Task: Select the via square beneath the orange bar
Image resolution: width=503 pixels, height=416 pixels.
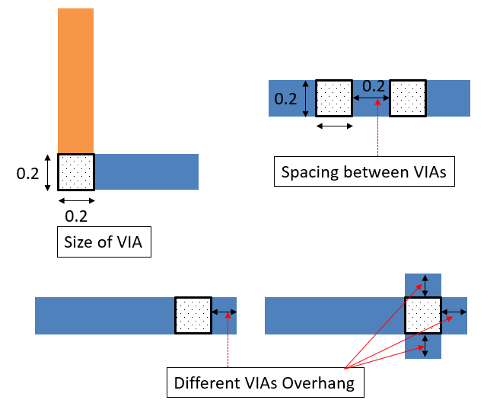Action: pyautogui.click(x=76, y=172)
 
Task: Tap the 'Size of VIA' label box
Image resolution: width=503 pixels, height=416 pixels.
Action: pyautogui.click(x=104, y=245)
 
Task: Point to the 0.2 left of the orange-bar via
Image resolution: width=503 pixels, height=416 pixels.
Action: pyautogui.click(x=28, y=173)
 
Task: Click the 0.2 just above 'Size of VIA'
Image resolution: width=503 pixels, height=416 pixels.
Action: pyautogui.click(x=76, y=216)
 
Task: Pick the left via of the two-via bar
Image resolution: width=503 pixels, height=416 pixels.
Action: pyautogui.click(x=333, y=98)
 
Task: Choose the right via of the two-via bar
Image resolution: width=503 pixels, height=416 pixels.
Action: pyautogui.click(x=407, y=98)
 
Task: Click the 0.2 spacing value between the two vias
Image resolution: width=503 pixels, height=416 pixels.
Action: pyautogui.click(x=373, y=87)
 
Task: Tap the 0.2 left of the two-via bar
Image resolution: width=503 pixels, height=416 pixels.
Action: pyautogui.click(x=286, y=99)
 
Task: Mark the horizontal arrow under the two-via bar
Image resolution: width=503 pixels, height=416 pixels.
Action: pyautogui.click(x=333, y=126)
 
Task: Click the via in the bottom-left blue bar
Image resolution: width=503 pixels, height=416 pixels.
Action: pyautogui.click(x=193, y=315)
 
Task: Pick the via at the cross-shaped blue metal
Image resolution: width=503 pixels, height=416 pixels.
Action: pyautogui.click(x=423, y=315)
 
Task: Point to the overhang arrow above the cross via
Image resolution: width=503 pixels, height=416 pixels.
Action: pyautogui.click(x=424, y=285)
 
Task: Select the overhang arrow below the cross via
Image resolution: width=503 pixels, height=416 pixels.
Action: pyautogui.click(x=424, y=346)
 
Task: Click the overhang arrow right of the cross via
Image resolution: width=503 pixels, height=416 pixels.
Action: pyautogui.click(x=454, y=312)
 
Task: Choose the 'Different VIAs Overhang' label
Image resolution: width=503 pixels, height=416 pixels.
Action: pyautogui.click(x=265, y=382)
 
